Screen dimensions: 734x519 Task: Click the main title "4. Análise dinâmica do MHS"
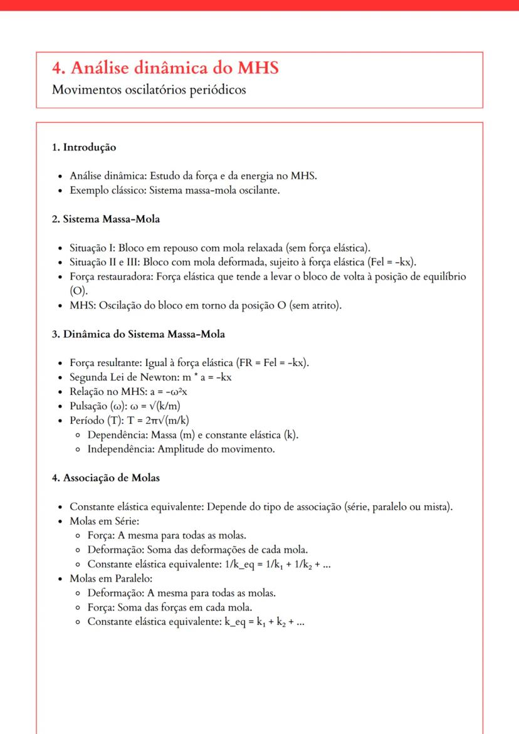(165, 68)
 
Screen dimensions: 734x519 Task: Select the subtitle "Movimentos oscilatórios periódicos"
(149, 90)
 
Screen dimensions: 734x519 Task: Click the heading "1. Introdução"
(84, 147)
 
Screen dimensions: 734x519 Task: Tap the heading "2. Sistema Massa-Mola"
(105, 219)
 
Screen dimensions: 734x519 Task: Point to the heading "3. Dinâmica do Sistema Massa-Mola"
(138, 334)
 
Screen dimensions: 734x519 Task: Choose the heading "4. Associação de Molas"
(105, 478)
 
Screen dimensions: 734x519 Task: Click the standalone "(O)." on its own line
(79, 291)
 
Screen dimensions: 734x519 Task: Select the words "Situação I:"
(93, 247)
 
